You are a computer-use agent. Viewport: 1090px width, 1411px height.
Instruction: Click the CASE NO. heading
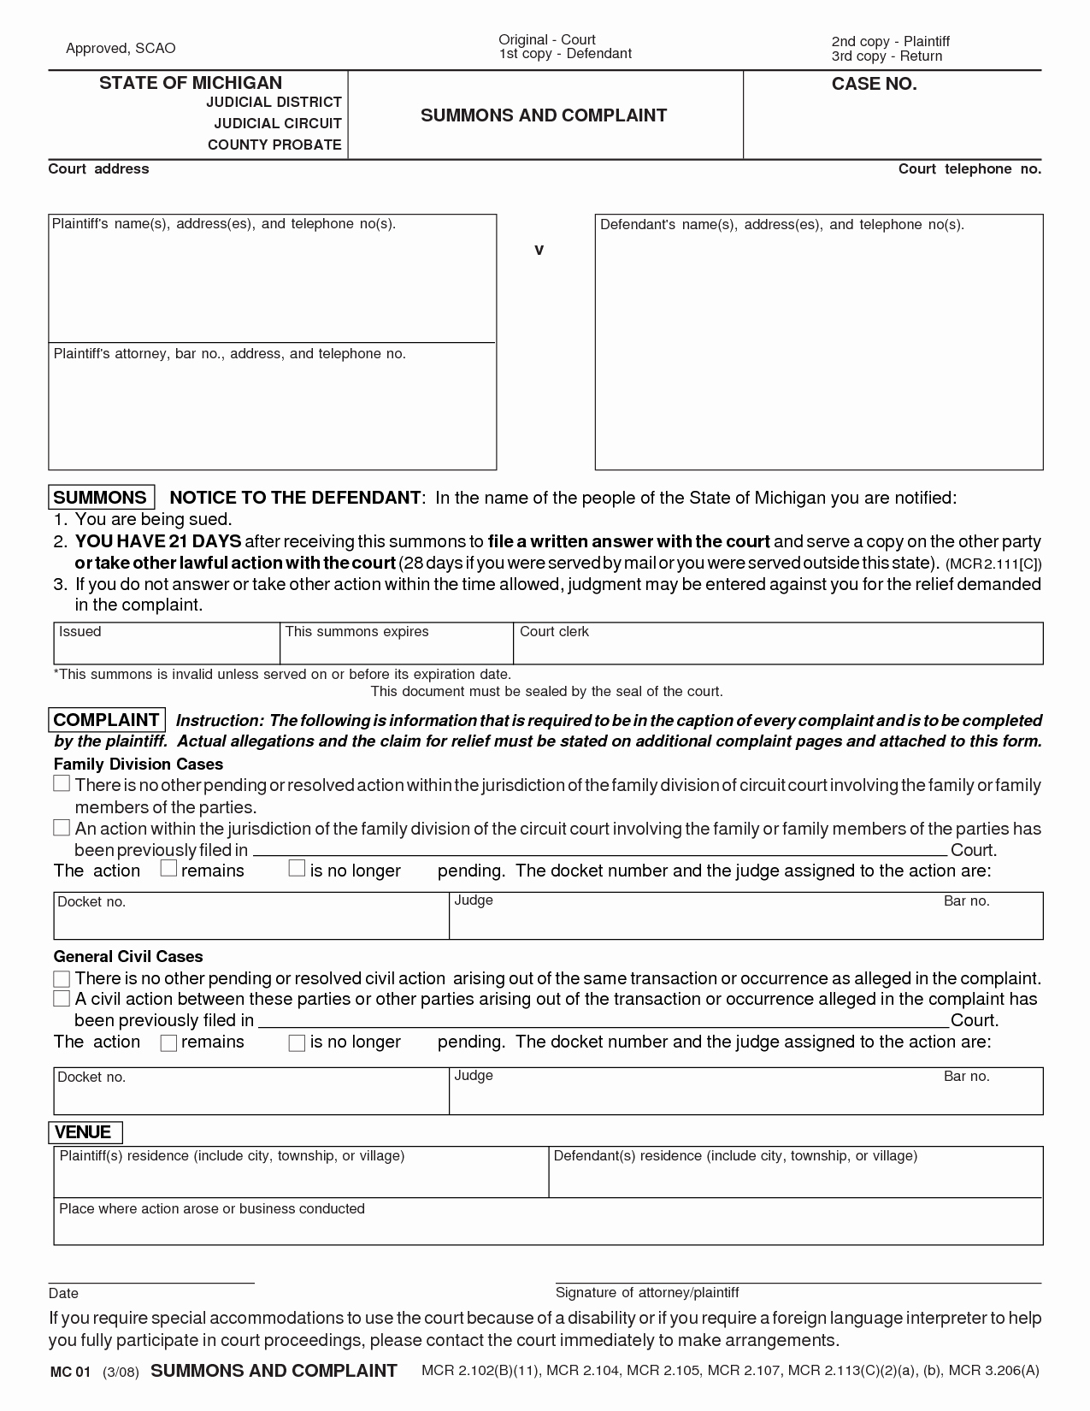tap(874, 84)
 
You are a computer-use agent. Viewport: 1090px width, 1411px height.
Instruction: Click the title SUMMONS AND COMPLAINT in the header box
tap(544, 115)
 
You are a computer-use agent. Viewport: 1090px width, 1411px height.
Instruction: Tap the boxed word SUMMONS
tap(101, 498)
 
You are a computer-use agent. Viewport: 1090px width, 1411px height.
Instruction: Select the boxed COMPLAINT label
tap(107, 720)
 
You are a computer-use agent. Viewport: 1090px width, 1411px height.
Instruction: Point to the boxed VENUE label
tap(84, 1132)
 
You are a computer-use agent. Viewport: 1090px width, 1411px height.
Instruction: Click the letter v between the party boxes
tap(539, 251)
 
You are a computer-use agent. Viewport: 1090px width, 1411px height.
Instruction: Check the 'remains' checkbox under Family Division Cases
tap(168, 869)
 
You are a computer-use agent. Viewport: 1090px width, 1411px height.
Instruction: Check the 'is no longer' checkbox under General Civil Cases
tap(297, 1042)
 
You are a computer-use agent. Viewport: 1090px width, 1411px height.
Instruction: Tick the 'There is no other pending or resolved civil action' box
tap(62, 978)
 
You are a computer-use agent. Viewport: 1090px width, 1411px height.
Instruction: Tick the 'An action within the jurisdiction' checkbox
tap(62, 827)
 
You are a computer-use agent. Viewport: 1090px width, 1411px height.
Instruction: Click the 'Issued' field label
tap(80, 632)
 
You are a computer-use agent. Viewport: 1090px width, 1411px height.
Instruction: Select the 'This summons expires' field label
tap(356, 632)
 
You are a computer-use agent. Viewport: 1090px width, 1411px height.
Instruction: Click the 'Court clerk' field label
tap(554, 632)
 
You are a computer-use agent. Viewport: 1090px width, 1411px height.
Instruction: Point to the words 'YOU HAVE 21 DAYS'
tap(158, 541)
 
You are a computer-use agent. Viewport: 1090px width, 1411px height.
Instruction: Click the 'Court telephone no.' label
tap(969, 169)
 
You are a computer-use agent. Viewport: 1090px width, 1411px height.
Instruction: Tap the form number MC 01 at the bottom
tap(70, 1372)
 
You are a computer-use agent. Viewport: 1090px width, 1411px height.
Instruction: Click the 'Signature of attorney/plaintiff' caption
tap(647, 1292)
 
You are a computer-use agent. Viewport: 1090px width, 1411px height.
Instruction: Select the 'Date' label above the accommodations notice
tap(63, 1293)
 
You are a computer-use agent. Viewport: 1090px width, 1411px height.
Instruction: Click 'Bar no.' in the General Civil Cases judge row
tap(966, 1077)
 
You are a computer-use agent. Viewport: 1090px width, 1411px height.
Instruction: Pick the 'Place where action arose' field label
tap(211, 1208)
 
